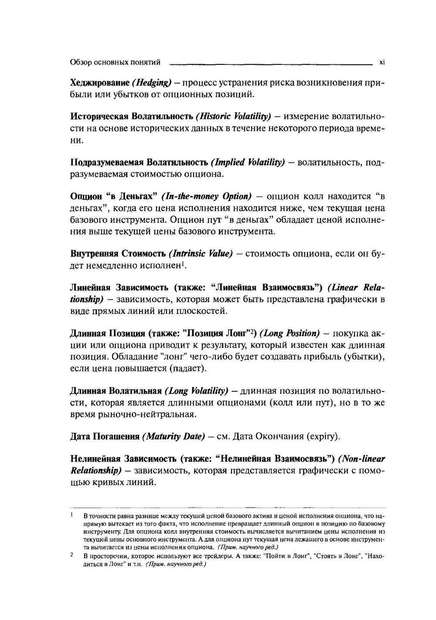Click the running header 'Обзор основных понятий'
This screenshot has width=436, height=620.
point(115,62)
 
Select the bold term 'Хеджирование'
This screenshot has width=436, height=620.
point(100,83)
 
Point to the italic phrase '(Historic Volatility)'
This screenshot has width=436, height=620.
point(233,117)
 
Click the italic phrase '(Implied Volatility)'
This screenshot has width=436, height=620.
point(248,162)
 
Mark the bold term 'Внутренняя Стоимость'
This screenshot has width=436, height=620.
point(118,254)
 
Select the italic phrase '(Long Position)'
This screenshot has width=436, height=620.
point(290,334)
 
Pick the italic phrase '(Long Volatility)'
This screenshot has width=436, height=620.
point(198,391)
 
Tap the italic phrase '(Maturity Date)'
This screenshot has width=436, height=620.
point(173,436)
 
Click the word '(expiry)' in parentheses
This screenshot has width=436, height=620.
point(322,436)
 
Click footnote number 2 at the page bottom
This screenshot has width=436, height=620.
point(71,556)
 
